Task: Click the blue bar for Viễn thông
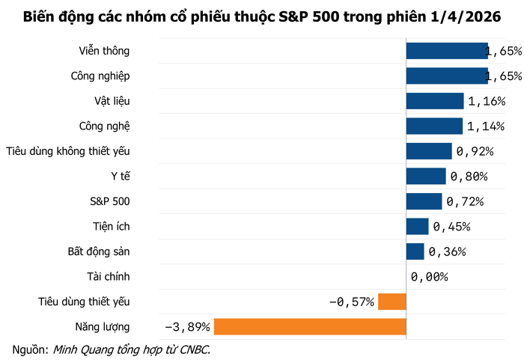tap(446, 51)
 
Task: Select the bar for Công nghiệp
tap(446, 76)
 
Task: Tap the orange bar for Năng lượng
tap(310, 327)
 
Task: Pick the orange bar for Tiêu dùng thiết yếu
tap(392, 302)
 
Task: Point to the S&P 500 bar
tap(424, 201)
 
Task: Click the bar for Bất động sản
tap(415, 251)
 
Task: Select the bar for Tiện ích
tap(417, 226)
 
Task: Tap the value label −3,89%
tap(187, 327)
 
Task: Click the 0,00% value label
tap(430, 277)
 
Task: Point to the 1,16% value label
tap(486, 101)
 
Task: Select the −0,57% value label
tap(352, 302)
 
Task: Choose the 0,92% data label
tap(475, 151)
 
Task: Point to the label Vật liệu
tap(108, 101)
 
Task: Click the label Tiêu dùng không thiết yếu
tap(68, 151)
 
